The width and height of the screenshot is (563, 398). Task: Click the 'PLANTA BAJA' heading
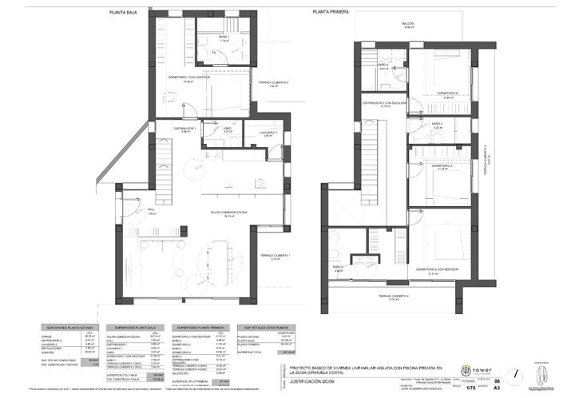(x=122, y=14)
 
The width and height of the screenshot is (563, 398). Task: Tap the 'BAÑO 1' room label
(x=224, y=37)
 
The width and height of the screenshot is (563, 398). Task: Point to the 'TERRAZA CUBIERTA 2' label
(x=273, y=82)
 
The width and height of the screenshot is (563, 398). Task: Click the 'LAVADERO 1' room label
(x=268, y=133)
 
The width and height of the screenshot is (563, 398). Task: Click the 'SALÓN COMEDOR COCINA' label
(x=228, y=212)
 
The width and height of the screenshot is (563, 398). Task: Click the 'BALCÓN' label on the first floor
(x=408, y=24)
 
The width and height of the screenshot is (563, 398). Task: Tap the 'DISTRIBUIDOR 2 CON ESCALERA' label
(x=385, y=103)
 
